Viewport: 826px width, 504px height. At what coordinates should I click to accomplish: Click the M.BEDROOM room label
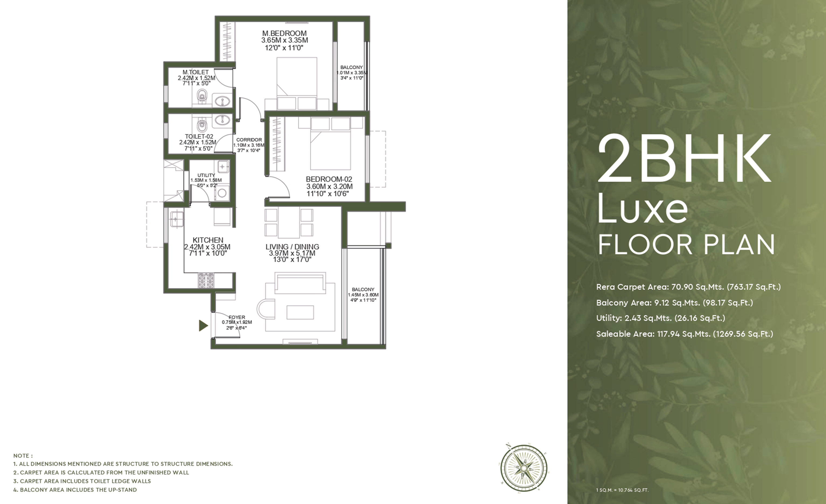pos(284,33)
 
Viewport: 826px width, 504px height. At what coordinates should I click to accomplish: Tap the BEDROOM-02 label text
pos(329,179)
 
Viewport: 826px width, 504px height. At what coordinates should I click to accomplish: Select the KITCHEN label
pos(208,240)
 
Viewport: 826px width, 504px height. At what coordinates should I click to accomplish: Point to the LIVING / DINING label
pos(292,247)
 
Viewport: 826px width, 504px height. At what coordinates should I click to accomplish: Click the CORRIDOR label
pos(249,140)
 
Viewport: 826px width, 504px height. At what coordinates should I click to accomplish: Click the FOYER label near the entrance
pos(237,317)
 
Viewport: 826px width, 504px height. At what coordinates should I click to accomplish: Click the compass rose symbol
pos(524,468)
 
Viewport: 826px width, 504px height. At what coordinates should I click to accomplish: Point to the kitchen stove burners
pos(206,281)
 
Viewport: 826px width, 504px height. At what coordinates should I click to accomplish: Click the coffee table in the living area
pos(300,312)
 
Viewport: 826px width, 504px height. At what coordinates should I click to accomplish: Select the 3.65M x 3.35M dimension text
pos(285,40)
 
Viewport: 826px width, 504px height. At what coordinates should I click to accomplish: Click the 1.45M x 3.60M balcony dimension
pos(363,295)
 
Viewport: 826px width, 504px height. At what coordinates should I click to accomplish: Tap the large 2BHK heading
pos(684,158)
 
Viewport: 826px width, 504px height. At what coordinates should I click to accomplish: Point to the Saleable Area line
pos(685,334)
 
